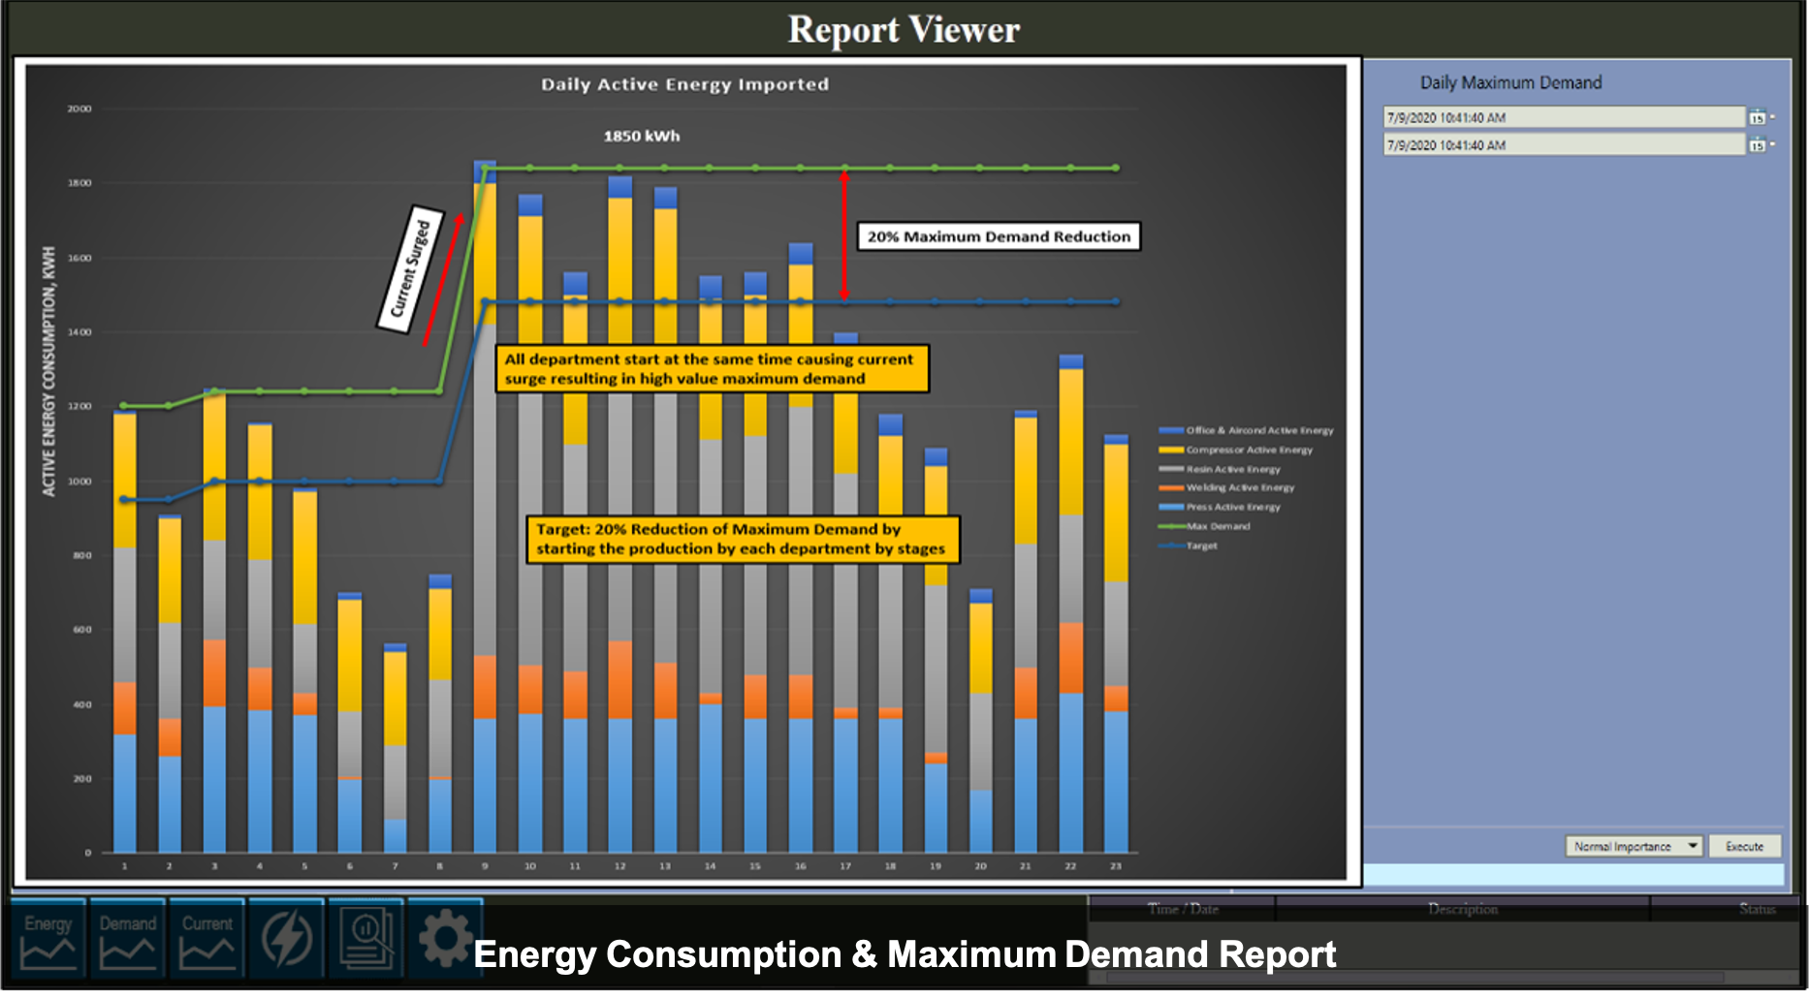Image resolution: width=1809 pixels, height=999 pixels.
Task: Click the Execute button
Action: point(1744,846)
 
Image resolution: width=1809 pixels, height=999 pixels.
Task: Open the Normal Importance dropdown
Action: point(1692,846)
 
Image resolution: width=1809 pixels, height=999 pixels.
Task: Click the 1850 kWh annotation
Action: point(641,136)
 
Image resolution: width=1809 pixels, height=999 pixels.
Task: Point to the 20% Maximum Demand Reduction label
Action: point(999,236)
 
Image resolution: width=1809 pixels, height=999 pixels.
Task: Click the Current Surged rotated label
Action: point(410,269)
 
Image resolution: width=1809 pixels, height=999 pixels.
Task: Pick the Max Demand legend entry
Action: point(1218,526)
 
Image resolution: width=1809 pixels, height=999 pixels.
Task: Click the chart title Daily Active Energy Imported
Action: point(684,84)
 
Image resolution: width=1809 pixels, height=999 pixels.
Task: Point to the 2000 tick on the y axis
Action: point(79,109)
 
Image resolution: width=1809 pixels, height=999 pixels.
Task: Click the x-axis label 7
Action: point(395,866)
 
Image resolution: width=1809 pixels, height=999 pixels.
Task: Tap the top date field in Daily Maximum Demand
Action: point(1563,117)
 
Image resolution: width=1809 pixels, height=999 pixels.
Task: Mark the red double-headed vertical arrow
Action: point(844,235)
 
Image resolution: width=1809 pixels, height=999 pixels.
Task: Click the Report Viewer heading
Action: point(904,29)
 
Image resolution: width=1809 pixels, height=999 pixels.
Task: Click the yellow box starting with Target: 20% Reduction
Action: point(742,540)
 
